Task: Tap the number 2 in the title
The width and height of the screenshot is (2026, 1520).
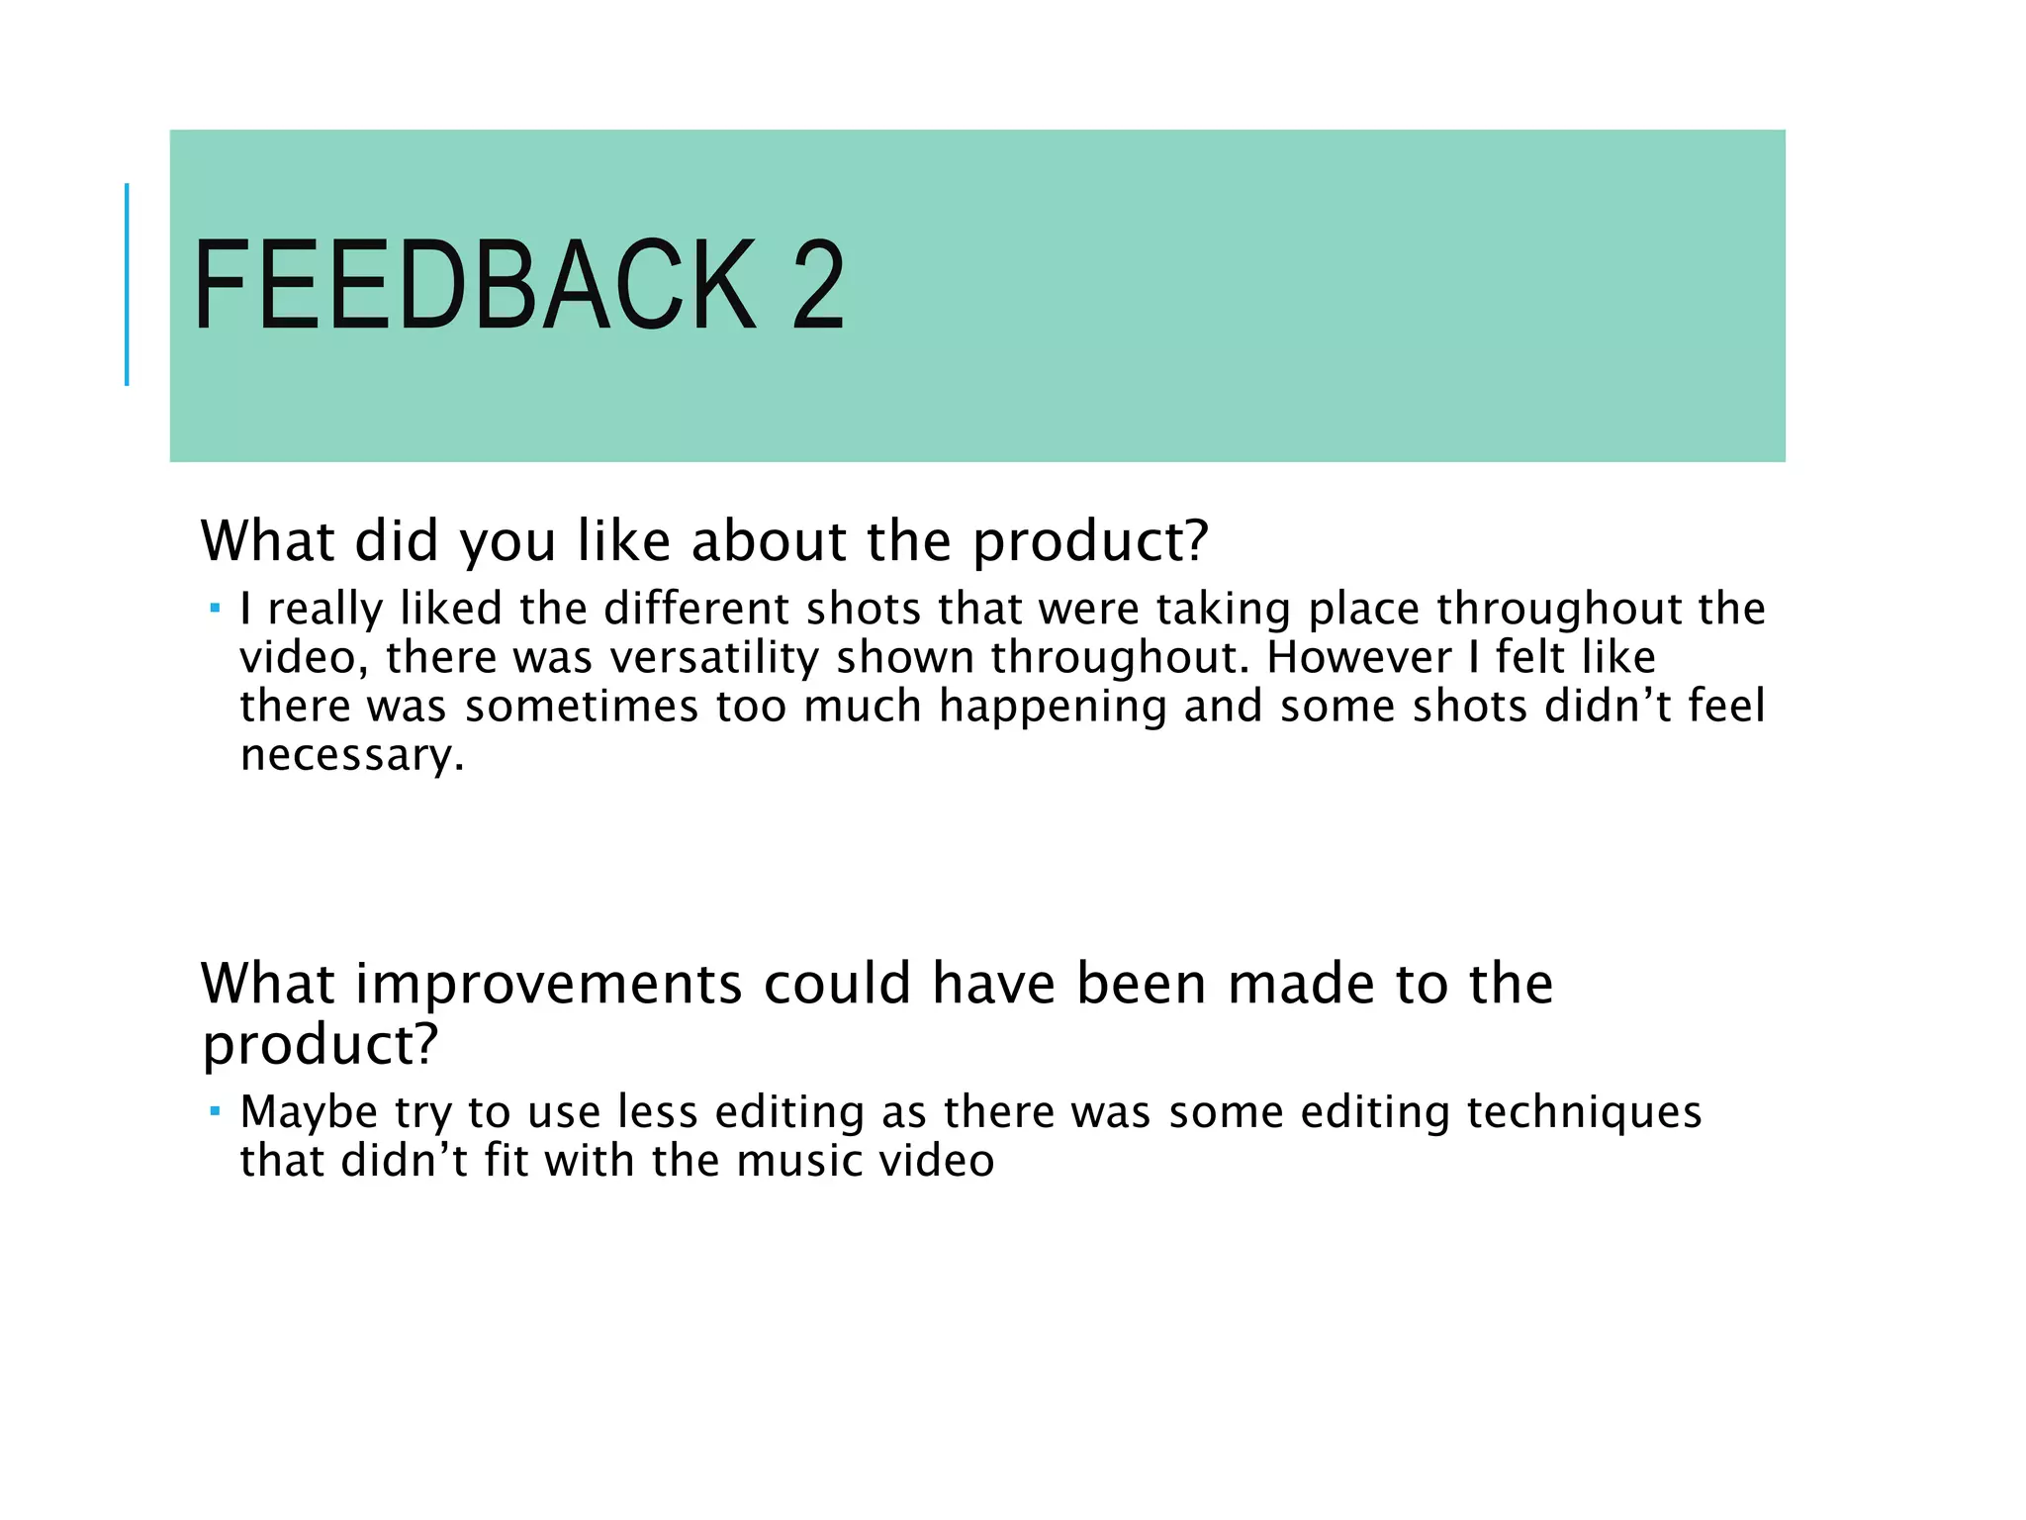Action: pyautogui.click(x=817, y=287)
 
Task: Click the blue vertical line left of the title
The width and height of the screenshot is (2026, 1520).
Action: pyautogui.click(x=127, y=284)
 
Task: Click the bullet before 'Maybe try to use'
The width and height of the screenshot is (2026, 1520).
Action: pyautogui.click(x=215, y=1110)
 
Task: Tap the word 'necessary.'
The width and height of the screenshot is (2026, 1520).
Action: pyautogui.click(x=352, y=756)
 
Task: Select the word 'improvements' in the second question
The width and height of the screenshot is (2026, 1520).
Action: pyautogui.click(x=549, y=984)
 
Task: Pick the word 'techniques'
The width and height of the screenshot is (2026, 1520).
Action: pyautogui.click(x=1584, y=1112)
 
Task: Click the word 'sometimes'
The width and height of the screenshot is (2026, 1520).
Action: pyautogui.click(x=582, y=707)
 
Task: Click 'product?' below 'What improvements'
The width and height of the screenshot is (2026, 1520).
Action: pyautogui.click(x=320, y=1045)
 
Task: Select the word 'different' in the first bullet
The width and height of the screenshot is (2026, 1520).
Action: pyautogui.click(x=696, y=609)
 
